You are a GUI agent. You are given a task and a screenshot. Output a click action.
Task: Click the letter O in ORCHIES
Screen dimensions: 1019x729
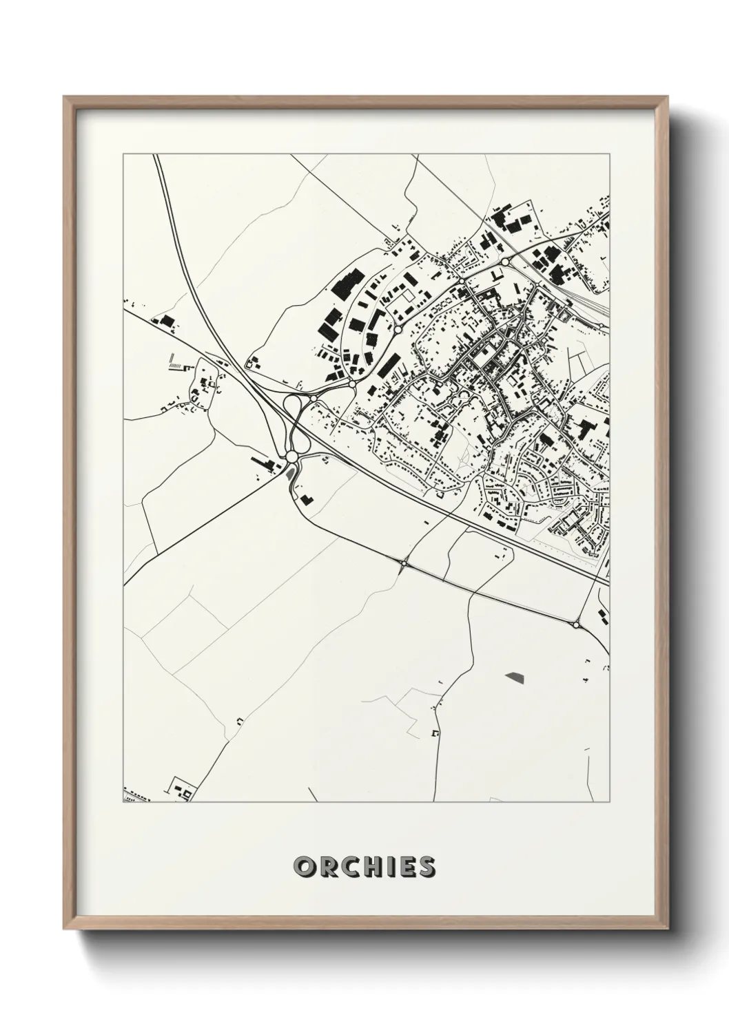(303, 867)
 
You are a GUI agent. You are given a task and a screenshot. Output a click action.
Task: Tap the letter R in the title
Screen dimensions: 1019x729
(325, 867)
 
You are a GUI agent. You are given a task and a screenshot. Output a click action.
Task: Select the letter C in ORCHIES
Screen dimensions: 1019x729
(347, 867)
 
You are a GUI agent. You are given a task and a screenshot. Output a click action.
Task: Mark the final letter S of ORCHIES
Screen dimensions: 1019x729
(425, 867)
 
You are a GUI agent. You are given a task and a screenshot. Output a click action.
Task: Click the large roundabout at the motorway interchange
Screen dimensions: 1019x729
(291, 456)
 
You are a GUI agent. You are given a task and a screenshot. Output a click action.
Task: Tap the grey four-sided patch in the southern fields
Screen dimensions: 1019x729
(515, 676)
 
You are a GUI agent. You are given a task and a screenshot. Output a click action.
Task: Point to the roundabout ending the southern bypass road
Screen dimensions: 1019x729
(575, 624)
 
